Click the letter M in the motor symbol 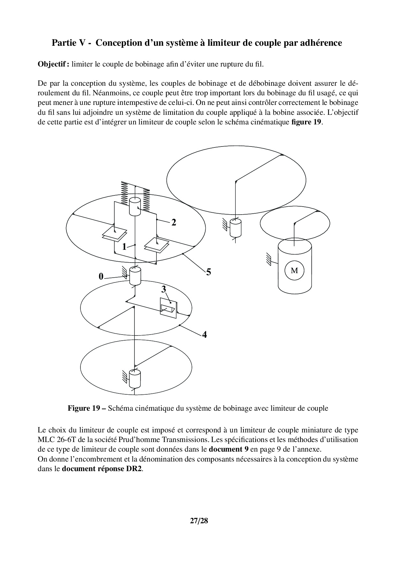pyautogui.click(x=294, y=271)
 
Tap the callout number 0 pyautogui.click(x=101, y=277)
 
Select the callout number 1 pyautogui.click(x=124, y=247)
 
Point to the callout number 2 pyautogui.click(x=174, y=223)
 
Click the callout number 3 pyautogui.click(x=164, y=289)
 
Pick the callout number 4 pyautogui.click(x=204, y=335)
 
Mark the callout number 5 pyautogui.click(x=209, y=272)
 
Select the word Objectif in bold pyautogui.click(x=53, y=64)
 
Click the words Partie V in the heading pyautogui.click(x=71, y=43)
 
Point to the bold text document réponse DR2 pyautogui.click(x=102, y=469)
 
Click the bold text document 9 pyautogui.click(x=229, y=449)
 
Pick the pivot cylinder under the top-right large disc pyautogui.click(x=235, y=227)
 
